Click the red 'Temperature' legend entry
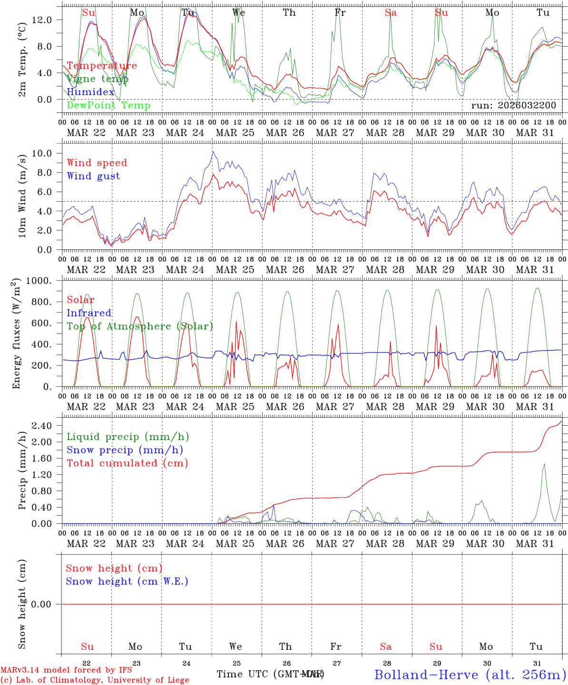point(101,66)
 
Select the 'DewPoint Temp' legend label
point(108,106)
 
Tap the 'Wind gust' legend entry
point(93,176)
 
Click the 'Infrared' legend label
point(89,313)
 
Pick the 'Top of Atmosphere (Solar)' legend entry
point(140,326)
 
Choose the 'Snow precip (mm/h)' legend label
point(125,450)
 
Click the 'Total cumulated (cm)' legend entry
point(127,463)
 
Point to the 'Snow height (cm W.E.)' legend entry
point(127,581)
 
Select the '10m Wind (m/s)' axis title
point(22,197)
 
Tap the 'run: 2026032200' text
point(513,106)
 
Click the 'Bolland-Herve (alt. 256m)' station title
point(470,675)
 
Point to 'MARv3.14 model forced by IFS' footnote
point(66,670)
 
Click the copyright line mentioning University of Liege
point(95,680)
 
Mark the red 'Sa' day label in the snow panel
point(386,646)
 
